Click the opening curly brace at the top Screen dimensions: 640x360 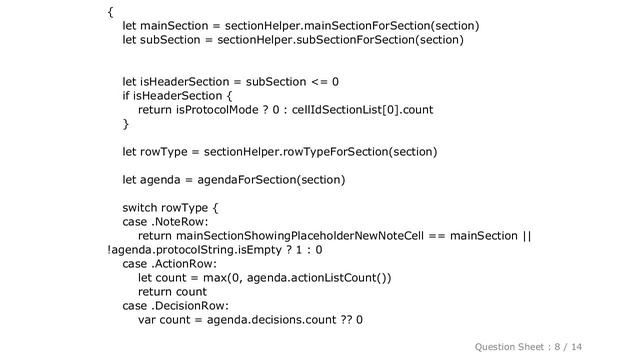tap(110, 11)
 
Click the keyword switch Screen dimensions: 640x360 tap(141, 208)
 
